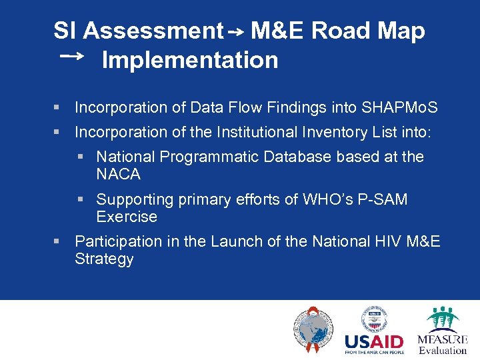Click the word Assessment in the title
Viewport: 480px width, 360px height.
pyautogui.click(x=153, y=31)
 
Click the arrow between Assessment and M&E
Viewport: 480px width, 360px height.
pyautogui.click(x=237, y=32)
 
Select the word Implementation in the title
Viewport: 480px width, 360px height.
pyautogui.click(x=189, y=60)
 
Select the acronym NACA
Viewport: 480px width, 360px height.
pyautogui.click(x=118, y=174)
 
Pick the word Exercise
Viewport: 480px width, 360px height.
pyautogui.click(x=127, y=217)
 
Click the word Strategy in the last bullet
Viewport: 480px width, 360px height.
pyautogui.click(x=104, y=259)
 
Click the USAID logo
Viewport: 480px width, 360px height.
pyautogui.click(x=374, y=331)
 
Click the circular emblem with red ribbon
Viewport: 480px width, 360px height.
pyautogui.click(x=311, y=330)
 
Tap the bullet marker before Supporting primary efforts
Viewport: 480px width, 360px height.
pyautogui.click(x=80, y=199)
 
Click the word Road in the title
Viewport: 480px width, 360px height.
pyautogui.click(x=341, y=31)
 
